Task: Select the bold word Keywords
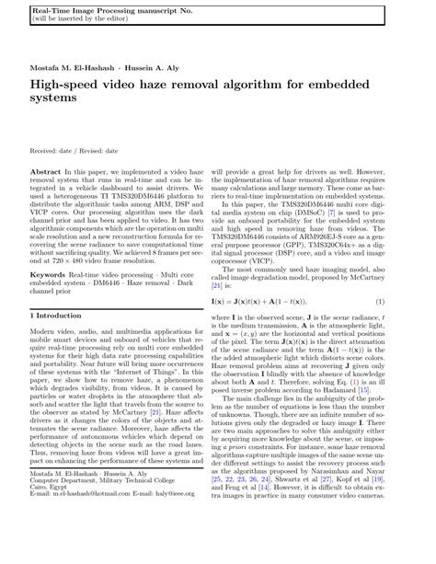coord(50,274)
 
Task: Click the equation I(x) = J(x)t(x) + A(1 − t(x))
coord(281,302)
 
